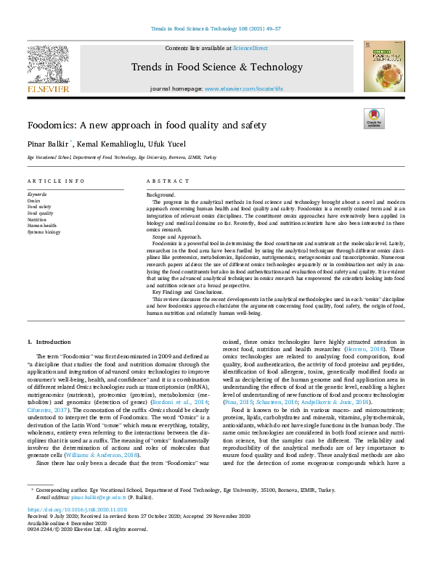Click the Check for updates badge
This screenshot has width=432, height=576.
pos(373,118)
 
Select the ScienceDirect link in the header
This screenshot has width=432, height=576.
pos(250,48)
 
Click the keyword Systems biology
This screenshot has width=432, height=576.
pos(44,231)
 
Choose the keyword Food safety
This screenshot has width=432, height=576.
pos(39,207)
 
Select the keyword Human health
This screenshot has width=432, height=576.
pos(41,225)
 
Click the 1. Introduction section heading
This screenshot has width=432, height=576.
pos(49,341)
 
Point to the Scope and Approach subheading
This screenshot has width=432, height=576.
pos(176,236)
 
